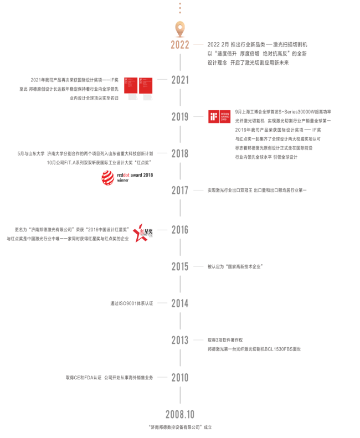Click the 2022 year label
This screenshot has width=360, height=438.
point(180,45)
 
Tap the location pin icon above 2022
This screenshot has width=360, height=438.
point(180,28)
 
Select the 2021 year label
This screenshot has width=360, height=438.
point(180,80)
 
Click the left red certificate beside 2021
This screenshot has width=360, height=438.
point(130,89)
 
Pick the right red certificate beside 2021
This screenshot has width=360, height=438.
point(146,89)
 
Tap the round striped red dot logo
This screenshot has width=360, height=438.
point(108,178)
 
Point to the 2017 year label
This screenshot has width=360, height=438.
point(180,190)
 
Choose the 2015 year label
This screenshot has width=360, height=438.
point(180,266)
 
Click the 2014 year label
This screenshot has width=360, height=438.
point(180,303)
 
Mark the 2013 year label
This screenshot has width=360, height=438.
point(180,340)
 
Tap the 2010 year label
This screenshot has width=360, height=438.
point(180,378)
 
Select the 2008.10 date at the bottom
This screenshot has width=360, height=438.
point(180,414)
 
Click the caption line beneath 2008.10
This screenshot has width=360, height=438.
point(181,427)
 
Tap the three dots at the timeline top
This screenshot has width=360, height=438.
point(180,8)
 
